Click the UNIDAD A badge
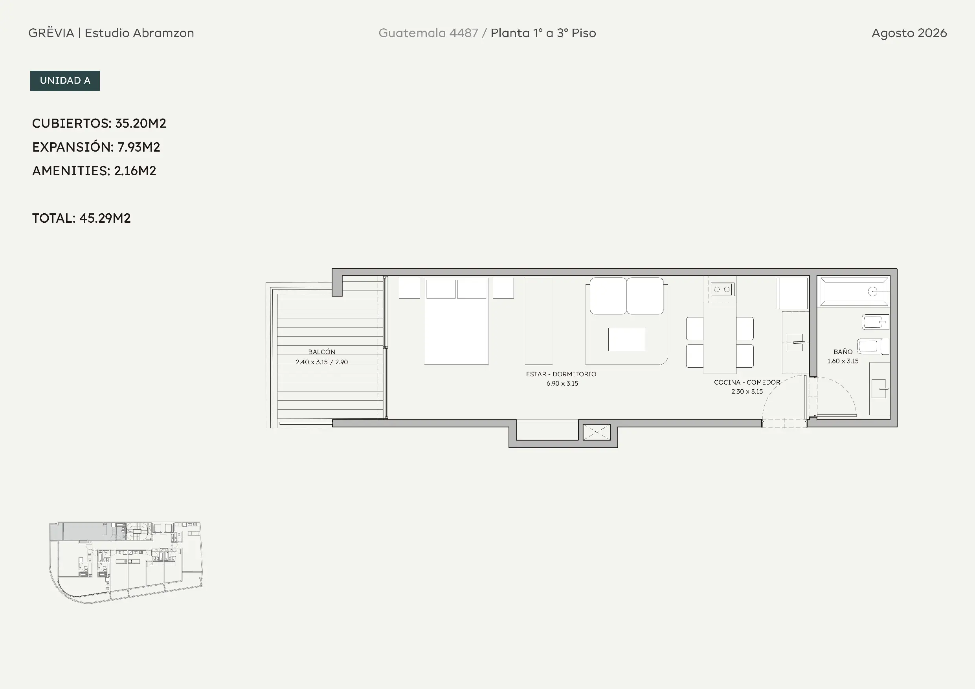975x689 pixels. click(x=65, y=81)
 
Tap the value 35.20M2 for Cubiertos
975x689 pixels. click(x=141, y=123)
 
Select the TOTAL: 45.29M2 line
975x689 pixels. click(x=81, y=218)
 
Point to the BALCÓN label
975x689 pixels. click(x=321, y=352)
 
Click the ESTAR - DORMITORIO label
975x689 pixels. click(x=561, y=374)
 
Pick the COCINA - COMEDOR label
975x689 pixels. click(x=747, y=382)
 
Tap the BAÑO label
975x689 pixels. click(x=843, y=352)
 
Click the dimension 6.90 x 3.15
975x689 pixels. click(x=562, y=383)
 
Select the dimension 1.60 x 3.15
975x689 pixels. click(x=843, y=361)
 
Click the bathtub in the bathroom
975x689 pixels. click(x=854, y=291)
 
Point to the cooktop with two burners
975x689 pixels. click(x=722, y=290)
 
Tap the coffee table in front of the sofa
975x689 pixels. click(x=626, y=339)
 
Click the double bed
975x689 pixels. click(x=456, y=321)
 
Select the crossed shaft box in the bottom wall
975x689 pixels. click(x=597, y=432)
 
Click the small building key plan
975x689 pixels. click(x=125, y=562)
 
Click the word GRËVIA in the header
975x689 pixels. click(x=51, y=33)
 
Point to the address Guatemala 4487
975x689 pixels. click(x=428, y=33)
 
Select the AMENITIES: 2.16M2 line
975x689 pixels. click(x=94, y=170)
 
